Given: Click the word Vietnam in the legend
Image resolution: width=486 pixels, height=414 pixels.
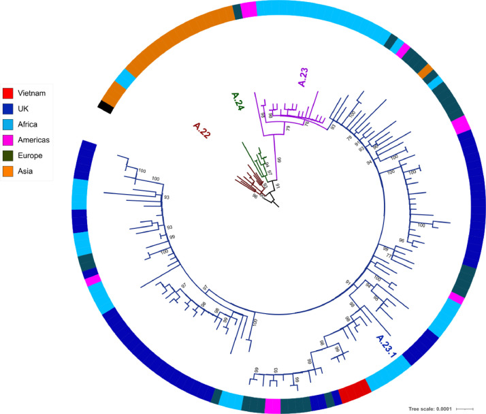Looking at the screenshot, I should tap(35, 93).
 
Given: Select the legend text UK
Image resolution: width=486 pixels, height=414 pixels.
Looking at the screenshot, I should tap(25, 108).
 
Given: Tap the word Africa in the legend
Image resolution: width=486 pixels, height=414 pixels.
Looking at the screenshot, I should tap(30, 124).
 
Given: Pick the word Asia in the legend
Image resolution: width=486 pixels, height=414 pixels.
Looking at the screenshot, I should tap(28, 171).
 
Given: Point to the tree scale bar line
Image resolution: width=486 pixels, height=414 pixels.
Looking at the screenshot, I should tap(465, 408).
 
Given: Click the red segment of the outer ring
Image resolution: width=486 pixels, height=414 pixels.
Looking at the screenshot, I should tap(354, 392).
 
